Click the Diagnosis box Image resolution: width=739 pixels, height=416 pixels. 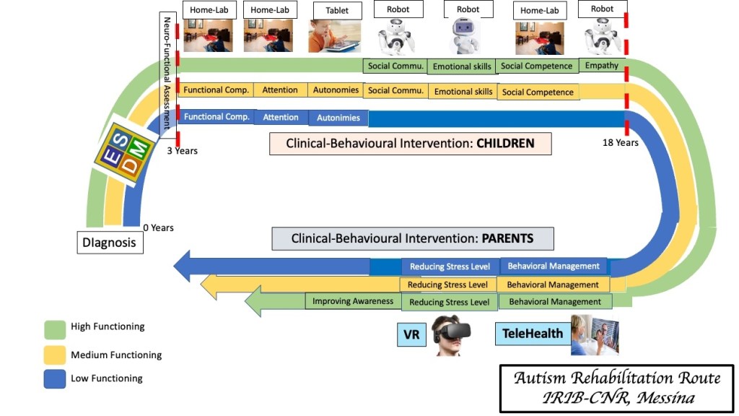109,243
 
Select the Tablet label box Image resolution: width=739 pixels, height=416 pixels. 337,10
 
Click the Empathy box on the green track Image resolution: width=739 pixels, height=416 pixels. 602,66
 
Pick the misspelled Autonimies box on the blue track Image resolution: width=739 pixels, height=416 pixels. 338,117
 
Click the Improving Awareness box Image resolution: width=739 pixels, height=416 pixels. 353,301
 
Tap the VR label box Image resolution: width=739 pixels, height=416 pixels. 411,334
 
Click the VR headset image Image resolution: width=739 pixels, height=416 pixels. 451,334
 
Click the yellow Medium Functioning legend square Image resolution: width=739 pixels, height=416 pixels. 55,354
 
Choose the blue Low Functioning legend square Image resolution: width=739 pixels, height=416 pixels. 55,378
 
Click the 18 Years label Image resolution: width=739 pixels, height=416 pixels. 621,143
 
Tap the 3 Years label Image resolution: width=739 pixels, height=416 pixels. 183,151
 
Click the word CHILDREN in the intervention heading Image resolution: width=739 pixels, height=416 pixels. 505,143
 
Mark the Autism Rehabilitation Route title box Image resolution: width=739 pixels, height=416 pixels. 616,388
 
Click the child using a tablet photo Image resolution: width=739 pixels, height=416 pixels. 334,36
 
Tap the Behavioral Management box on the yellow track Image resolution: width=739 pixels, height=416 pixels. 553,285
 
